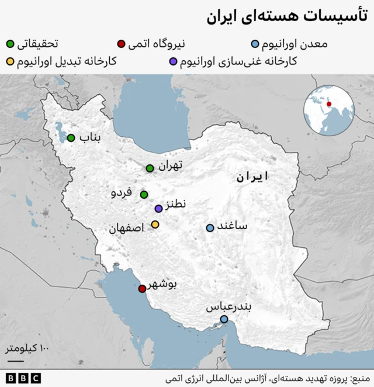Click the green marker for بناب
click(71, 138)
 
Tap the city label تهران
click(170, 166)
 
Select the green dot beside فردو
click(144, 195)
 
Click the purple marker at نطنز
click(158, 209)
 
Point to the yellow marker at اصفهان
click(155, 224)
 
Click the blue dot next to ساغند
click(210, 228)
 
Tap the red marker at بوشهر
click(142, 289)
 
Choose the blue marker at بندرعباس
click(224, 319)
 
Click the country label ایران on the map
click(252, 177)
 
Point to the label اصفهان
click(126, 229)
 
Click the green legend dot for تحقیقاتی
click(11, 43)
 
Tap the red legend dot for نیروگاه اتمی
click(121, 43)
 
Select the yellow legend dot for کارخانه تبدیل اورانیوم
click(11, 61)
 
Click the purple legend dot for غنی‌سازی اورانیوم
click(174, 61)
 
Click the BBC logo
click(23, 378)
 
